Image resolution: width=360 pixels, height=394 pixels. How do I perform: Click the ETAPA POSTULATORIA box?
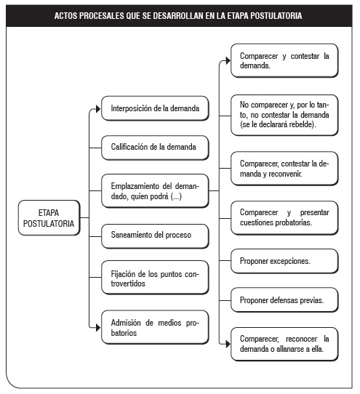pyautogui.click(x=49, y=218)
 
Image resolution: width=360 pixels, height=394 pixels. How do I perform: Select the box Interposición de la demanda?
pyautogui.click(x=155, y=108)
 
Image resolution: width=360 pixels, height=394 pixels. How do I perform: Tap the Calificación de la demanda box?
pyautogui.click(x=155, y=148)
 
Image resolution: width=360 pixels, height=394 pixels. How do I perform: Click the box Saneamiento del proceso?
pyautogui.click(x=155, y=236)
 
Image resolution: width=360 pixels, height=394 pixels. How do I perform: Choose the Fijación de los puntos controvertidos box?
pyautogui.click(x=155, y=278)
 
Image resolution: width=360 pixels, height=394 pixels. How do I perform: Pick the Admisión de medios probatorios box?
pyautogui.click(x=155, y=327)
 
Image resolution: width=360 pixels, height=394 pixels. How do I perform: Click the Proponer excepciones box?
pyautogui.click(x=284, y=261)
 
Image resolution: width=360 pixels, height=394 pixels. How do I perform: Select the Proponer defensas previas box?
pyautogui.click(x=284, y=300)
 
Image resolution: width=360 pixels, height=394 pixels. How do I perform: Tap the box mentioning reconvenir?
pyautogui.click(x=284, y=169)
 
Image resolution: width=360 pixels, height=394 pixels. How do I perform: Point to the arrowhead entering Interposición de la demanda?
pyautogui.click(x=98, y=109)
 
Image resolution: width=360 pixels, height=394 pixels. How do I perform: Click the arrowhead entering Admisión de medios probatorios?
pyautogui.click(x=98, y=327)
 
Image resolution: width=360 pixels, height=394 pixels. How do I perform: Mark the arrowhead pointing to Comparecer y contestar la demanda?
pyautogui.click(x=228, y=60)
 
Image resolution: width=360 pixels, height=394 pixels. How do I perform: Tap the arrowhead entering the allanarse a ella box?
pyautogui.click(x=228, y=344)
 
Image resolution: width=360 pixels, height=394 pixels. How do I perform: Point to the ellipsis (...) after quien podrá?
pyautogui.click(x=176, y=196)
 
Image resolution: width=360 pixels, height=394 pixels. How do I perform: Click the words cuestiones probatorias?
pyautogui.click(x=276, y=222)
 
